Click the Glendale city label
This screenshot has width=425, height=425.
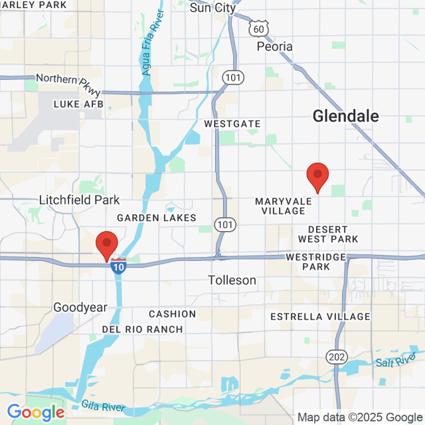[x=345, y=116]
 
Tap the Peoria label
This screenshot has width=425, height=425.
[x=274, y=47]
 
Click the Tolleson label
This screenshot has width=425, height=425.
[x=232, y=280]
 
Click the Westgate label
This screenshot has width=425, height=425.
[x=232, y=124]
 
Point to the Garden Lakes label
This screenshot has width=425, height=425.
[x=157, y=218]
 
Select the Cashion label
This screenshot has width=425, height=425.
[x=172, y=313]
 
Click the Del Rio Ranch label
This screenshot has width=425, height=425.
[x=142, y=329]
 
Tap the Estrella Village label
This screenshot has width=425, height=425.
[x=319, y=317]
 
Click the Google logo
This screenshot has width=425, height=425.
[x=35, y=412]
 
